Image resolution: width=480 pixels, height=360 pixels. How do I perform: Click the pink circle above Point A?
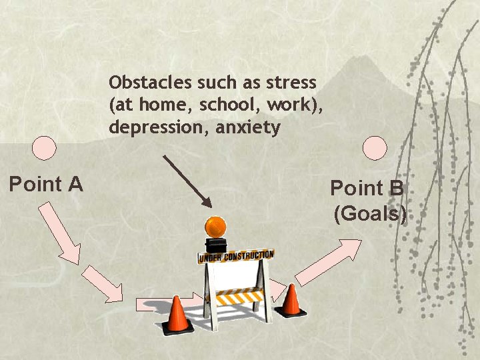(45, 147)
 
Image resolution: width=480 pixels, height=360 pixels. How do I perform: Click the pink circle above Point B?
(376, 148)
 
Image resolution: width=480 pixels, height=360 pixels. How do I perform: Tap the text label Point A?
(45, 183)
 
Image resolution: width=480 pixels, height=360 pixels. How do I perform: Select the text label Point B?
(367, 188)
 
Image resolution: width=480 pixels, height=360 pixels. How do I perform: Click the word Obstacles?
(151, 83)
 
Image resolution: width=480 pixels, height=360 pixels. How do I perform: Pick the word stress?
(291, 83)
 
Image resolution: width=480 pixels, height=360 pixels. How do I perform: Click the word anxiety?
(247, 127)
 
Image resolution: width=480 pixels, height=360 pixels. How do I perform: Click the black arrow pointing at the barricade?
(187, 181)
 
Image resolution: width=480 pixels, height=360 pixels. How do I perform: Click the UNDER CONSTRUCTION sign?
(235, 256)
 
